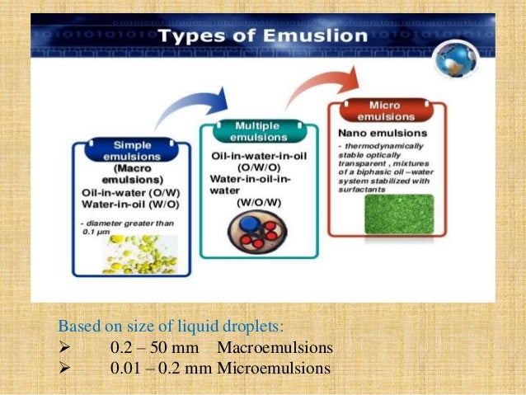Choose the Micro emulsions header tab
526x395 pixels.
pyautogui.click(x=387, y=111)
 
